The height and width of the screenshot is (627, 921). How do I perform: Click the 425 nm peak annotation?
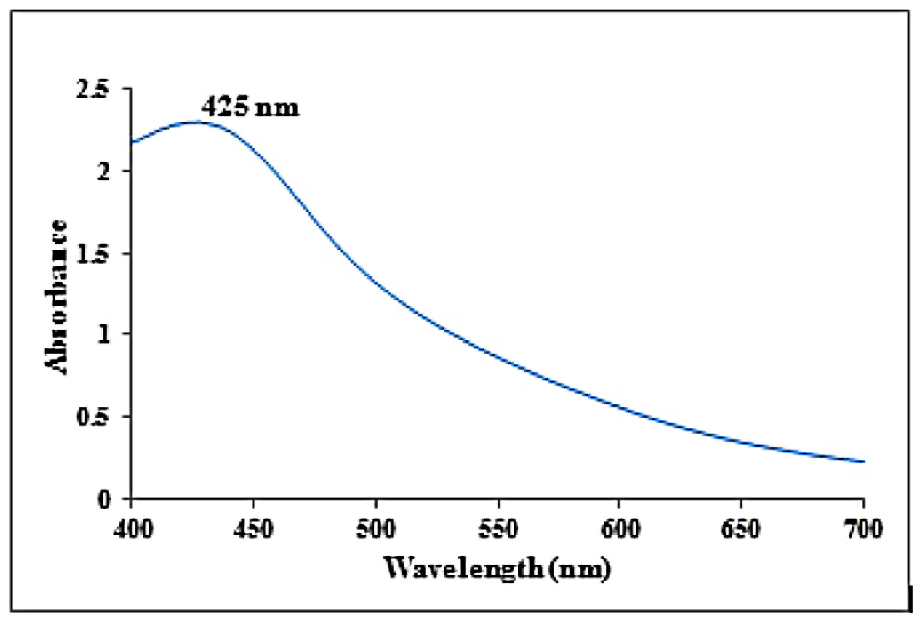tap(249, 107)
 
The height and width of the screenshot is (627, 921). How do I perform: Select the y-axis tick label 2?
tap(104, 172)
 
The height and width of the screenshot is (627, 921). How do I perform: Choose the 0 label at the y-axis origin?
tap(104, 500)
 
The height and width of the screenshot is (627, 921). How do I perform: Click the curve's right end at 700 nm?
tap(864, 462)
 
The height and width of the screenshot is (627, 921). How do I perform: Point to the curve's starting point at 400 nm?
tap(132, 142)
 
